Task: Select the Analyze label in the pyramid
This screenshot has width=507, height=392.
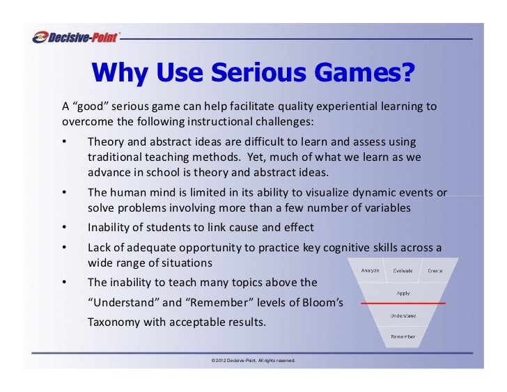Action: (x=370, y=270)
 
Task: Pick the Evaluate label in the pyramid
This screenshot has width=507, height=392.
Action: (x=403, y=270)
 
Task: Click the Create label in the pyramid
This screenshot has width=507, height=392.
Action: (x=435, y=270)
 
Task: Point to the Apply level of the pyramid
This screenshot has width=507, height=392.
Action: (x=403, y=293)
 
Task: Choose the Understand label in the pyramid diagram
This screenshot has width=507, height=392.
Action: (x=403, y=315)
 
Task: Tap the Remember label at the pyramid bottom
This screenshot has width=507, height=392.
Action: (x=403, y=336)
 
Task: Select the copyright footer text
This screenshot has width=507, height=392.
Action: (x=248, y=360)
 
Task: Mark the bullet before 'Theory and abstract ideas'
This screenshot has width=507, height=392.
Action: (x=64, y=141)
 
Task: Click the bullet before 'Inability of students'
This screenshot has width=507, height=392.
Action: (x=64, y=228)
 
